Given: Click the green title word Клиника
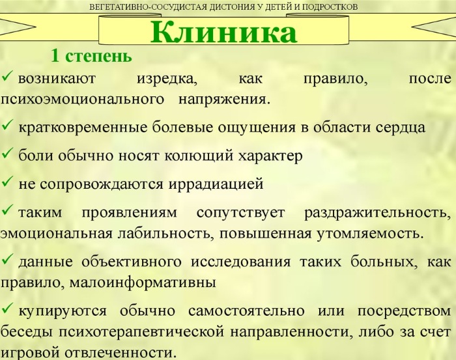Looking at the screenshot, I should pos(223,32).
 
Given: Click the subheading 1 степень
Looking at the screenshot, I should pos(92,57).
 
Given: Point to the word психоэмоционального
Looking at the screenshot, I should pos(81,100).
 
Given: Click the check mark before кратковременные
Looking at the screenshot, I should pos(8,126).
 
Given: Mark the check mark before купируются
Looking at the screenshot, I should pos(8,310).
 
